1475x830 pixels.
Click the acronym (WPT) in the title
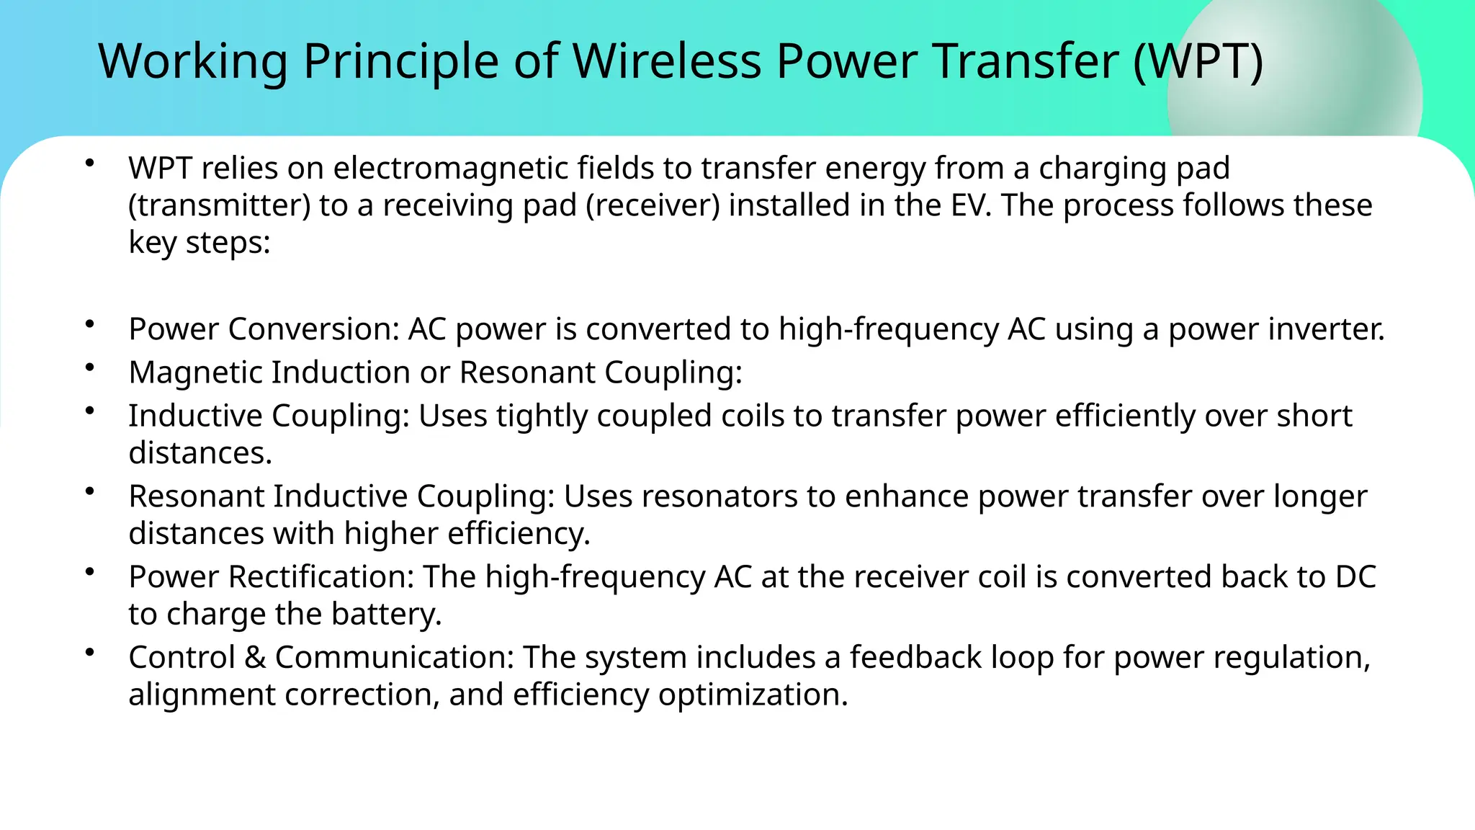(1198, 61)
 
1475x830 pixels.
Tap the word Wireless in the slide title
(666, 61)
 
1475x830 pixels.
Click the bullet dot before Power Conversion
(89, 325)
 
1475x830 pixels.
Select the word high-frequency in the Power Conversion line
(888, 329)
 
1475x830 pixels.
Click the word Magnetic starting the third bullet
(195, 372)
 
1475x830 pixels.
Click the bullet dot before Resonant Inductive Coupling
(89, 492)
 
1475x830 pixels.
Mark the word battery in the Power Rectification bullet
(386, 615)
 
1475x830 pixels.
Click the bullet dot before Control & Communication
(89, 653)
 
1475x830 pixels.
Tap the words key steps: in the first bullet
(199, 243)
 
